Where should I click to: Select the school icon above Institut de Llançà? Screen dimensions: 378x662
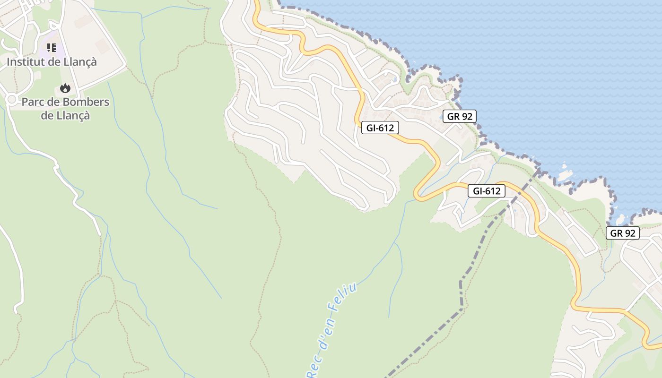click(51, 47)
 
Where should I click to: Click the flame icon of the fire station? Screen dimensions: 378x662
click(65, 88)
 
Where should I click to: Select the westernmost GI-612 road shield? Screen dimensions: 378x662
click(380, 128)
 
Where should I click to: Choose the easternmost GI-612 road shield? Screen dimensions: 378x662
click(486, 191)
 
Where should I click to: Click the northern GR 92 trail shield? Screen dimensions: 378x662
click(460, 116)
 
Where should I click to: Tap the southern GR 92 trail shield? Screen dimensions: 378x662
click(622, 232)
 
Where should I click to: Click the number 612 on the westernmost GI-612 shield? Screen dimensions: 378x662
click(386, 128)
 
